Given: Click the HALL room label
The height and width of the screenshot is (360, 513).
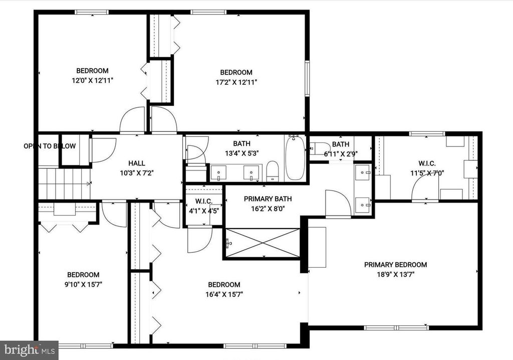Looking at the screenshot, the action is (136, 163).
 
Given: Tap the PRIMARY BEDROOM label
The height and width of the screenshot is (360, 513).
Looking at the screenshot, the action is (396, 265).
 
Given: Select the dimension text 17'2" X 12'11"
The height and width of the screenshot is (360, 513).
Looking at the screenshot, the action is (236, 82).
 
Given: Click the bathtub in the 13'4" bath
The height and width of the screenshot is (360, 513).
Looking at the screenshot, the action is (295, 158).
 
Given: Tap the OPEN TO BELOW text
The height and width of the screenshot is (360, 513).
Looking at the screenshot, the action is (50, 146).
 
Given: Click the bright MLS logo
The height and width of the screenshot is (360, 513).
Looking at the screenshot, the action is (29, 350).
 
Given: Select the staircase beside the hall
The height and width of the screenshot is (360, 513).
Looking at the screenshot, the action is (65, 184).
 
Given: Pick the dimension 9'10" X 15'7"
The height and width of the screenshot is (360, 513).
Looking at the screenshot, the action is (84, 285).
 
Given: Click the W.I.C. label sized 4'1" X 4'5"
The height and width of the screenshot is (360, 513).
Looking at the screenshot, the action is (204, 201).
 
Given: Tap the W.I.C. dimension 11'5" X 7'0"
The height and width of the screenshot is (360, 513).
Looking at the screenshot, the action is (427, 173).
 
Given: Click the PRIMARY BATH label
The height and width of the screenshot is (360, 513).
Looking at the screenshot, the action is (268, 199).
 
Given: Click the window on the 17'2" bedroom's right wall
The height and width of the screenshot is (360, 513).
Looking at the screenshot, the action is (307, 79).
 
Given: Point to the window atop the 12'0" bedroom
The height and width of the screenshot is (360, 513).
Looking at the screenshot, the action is (92, 13).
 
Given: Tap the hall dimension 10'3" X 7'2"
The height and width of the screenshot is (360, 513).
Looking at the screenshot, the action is (136, 173).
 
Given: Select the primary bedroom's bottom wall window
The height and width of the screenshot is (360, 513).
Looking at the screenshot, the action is (396, 327).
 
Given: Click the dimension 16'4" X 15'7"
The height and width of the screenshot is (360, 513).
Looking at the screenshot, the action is (224, 294).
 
